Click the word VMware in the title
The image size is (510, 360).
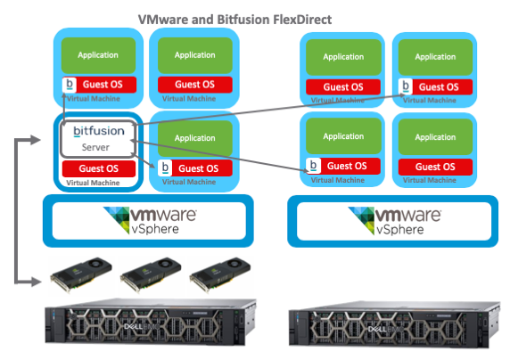165,18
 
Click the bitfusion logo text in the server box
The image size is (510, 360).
99,131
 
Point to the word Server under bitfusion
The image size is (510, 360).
98,146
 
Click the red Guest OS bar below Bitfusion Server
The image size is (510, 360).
97,168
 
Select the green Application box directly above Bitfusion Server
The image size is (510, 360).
98,56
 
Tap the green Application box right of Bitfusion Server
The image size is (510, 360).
194,138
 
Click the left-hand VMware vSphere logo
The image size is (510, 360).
147,219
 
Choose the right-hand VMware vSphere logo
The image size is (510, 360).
392,219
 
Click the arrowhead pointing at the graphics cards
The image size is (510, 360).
38,282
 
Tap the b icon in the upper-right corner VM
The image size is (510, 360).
407,86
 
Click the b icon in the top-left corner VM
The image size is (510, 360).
70,86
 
